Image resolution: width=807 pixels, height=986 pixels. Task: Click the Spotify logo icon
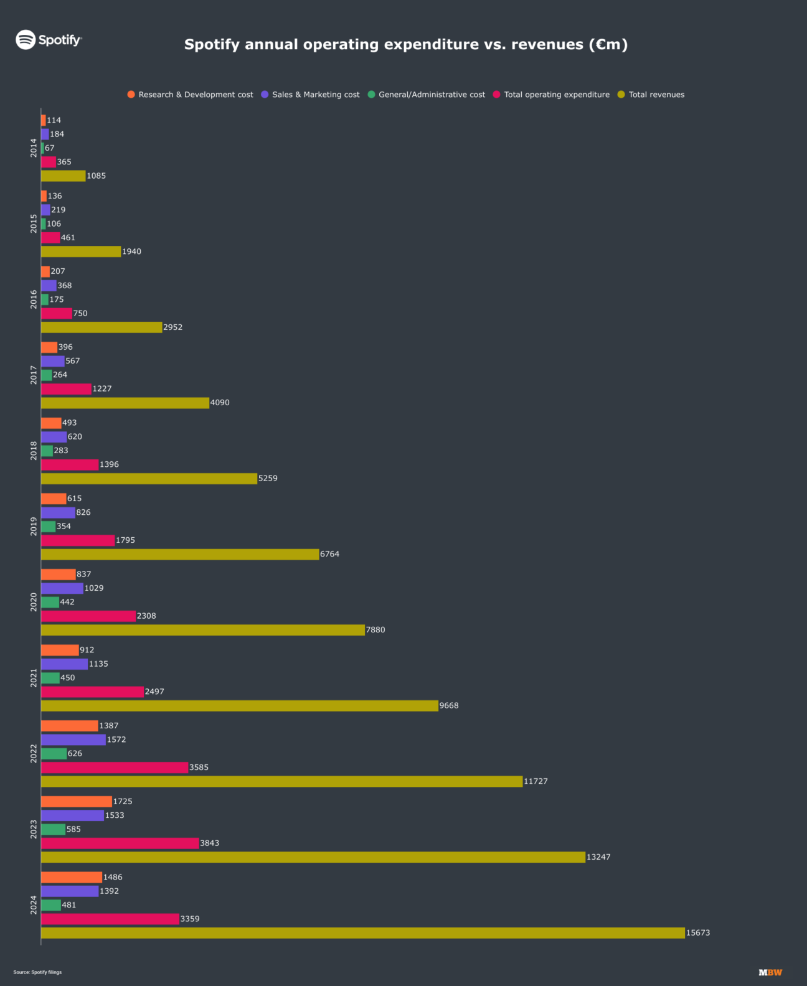tap(26, 40)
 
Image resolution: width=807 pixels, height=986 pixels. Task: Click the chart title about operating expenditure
tap(405, 44)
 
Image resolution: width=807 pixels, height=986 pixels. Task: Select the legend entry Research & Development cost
tap(190, 95)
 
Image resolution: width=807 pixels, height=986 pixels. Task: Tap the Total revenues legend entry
tap(651, 95)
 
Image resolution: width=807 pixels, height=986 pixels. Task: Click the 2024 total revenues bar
tap(362, 933)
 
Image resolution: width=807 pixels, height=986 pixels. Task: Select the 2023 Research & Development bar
tap(76, 802)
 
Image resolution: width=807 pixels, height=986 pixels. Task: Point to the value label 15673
tap(697, 933)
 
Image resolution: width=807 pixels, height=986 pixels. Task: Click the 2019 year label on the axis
tap(34, 527)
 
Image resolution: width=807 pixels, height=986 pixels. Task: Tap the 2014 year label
tap(34, 148)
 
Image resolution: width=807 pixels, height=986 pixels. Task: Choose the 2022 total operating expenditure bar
tap(115, 768)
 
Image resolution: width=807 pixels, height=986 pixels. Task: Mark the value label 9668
tap(448, 706)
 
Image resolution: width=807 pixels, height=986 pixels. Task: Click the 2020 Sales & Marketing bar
tap(62, 588)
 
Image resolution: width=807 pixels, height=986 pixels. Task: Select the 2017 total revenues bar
tap(125, 403)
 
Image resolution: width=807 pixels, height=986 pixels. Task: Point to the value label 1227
tap(102, 389)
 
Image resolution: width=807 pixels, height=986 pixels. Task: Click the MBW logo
tap(770, 972)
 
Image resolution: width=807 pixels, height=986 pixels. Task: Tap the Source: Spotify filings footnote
tap(37, 972)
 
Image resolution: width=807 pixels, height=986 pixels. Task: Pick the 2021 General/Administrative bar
tap(50, 678)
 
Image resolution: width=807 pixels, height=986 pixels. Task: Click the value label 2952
tap(172, 327)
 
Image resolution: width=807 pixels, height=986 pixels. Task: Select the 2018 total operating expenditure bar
tap(70, 465)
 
